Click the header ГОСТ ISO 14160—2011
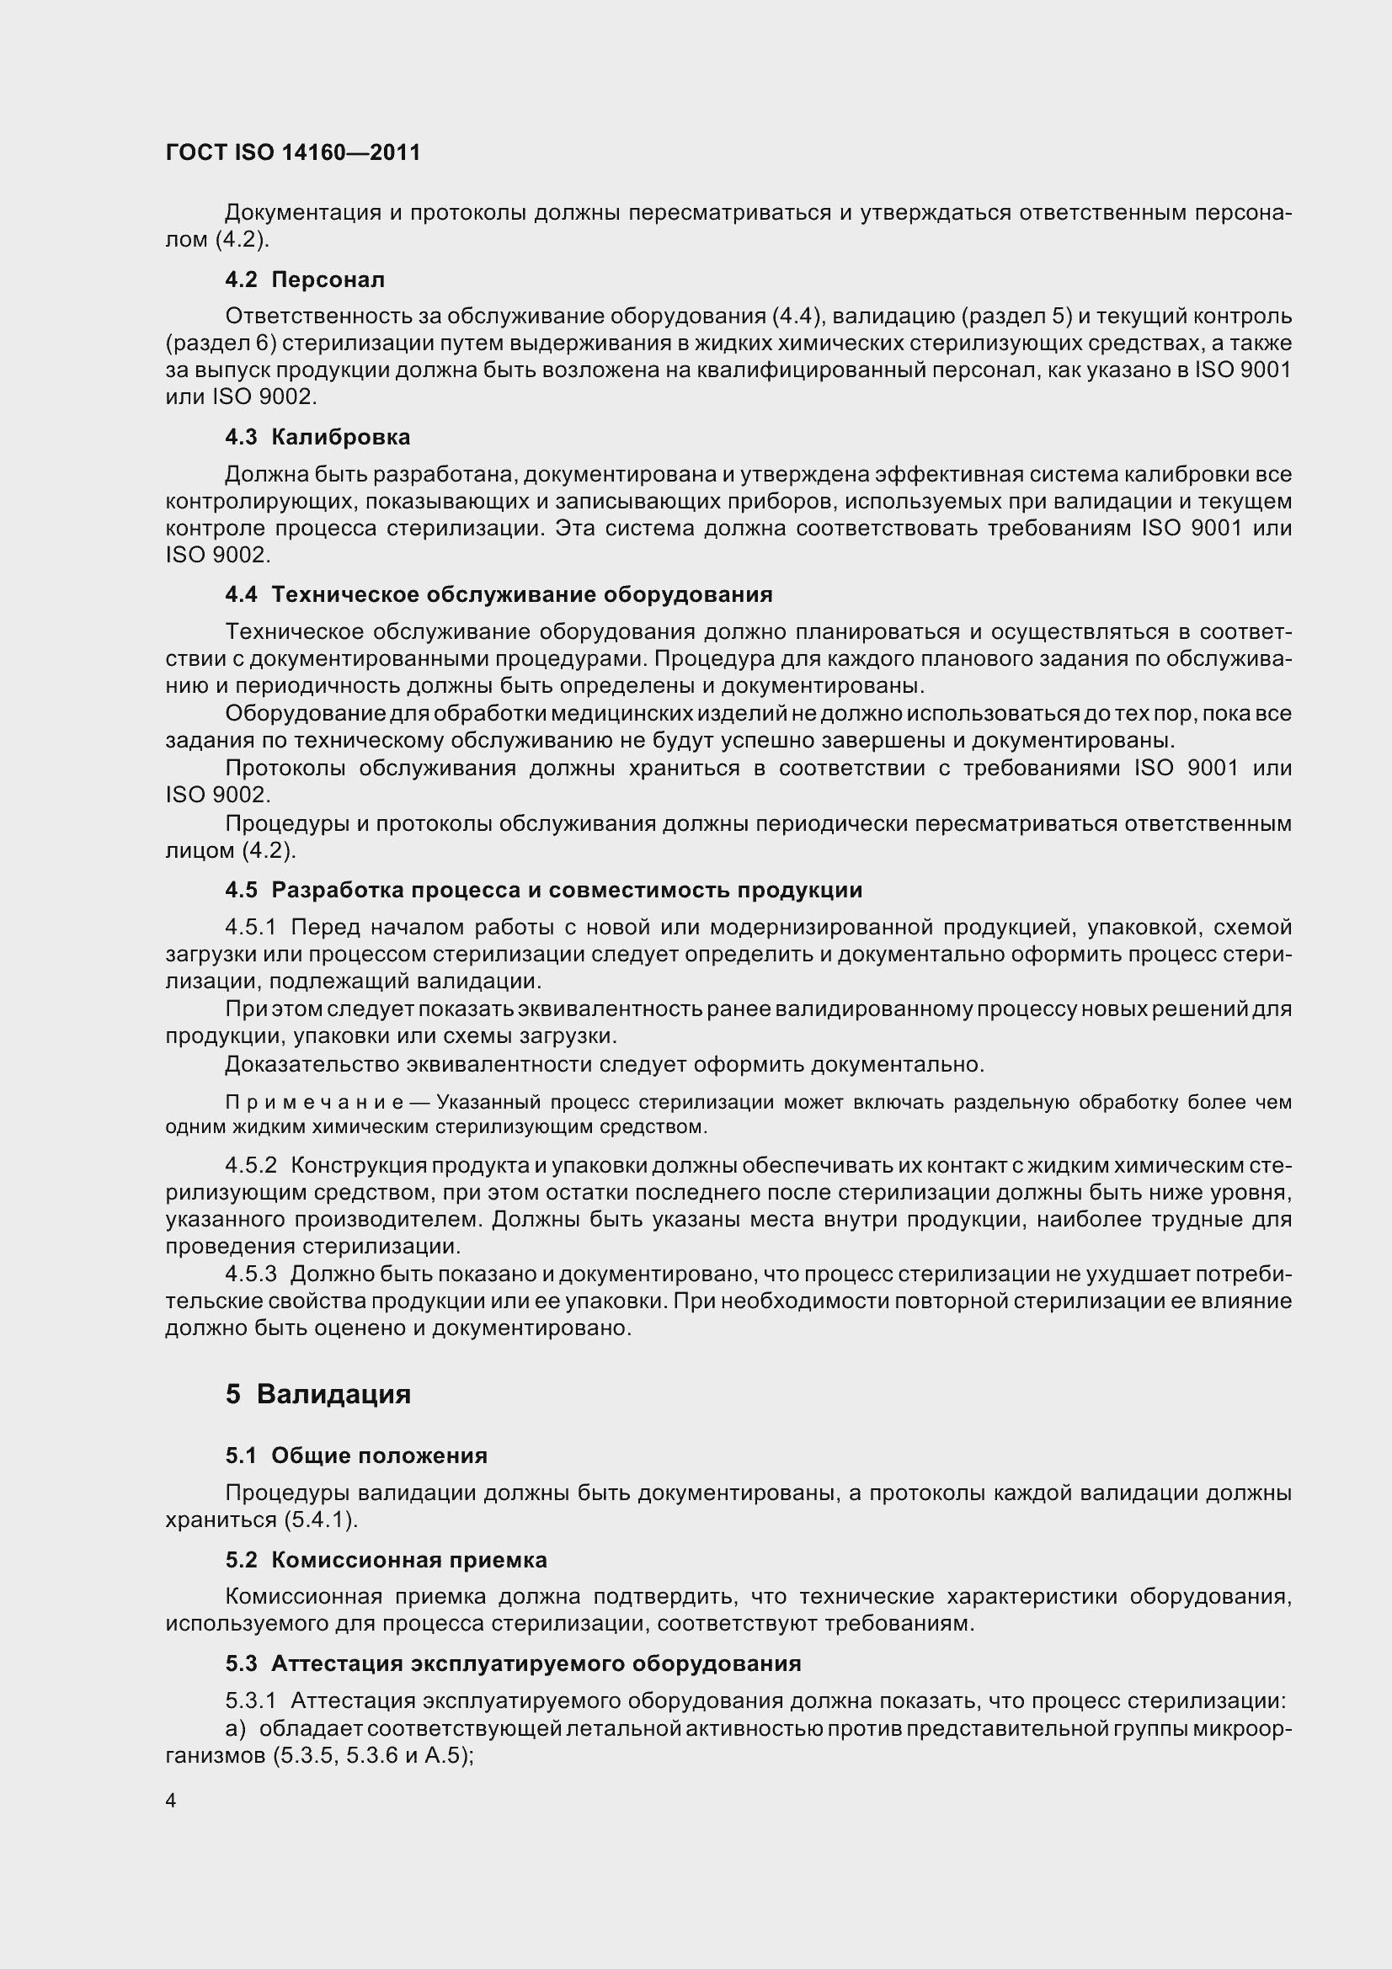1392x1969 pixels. click(x=292, y=152)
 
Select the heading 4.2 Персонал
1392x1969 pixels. click(x=305, y=279)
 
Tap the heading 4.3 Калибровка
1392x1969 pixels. click(x=317, y=438)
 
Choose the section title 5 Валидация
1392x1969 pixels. click(x=318, y=1394)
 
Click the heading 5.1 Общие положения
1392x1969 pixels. click(x=356, y=1455)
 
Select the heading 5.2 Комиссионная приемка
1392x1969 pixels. click(x=386, y=1560)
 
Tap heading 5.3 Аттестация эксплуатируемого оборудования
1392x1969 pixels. click(x=513, y=1663)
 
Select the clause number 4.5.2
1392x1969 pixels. click(x=250, y=1165)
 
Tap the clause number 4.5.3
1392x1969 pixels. click(x=250, y=1275)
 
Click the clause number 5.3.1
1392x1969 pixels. click(x=250, y=1700)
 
